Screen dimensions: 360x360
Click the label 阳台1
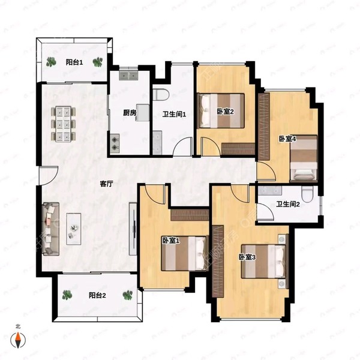[74, 62]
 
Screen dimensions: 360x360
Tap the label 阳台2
[97, 295]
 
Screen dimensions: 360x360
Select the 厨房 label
[130, 113]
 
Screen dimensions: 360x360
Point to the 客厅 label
[107, 184]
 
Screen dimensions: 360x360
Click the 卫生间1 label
[174, 115]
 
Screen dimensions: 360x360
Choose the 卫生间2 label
[287, 204]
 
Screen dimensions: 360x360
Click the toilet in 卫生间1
[161, 95]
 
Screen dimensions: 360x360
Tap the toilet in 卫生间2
[307, 194]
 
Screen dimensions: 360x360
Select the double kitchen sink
[128, 75]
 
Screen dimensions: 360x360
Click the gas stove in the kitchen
[115, 144]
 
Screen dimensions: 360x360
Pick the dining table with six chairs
[64, 124]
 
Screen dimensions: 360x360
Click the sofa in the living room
[51, 229]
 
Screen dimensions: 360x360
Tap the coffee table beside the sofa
[73, 229]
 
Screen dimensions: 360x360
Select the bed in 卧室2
[221, 110]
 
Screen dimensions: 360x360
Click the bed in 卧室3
[263, 261]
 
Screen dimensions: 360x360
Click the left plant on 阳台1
[51, 62]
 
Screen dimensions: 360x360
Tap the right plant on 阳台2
[128, 295]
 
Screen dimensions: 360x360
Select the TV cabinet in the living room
[133, 229]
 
